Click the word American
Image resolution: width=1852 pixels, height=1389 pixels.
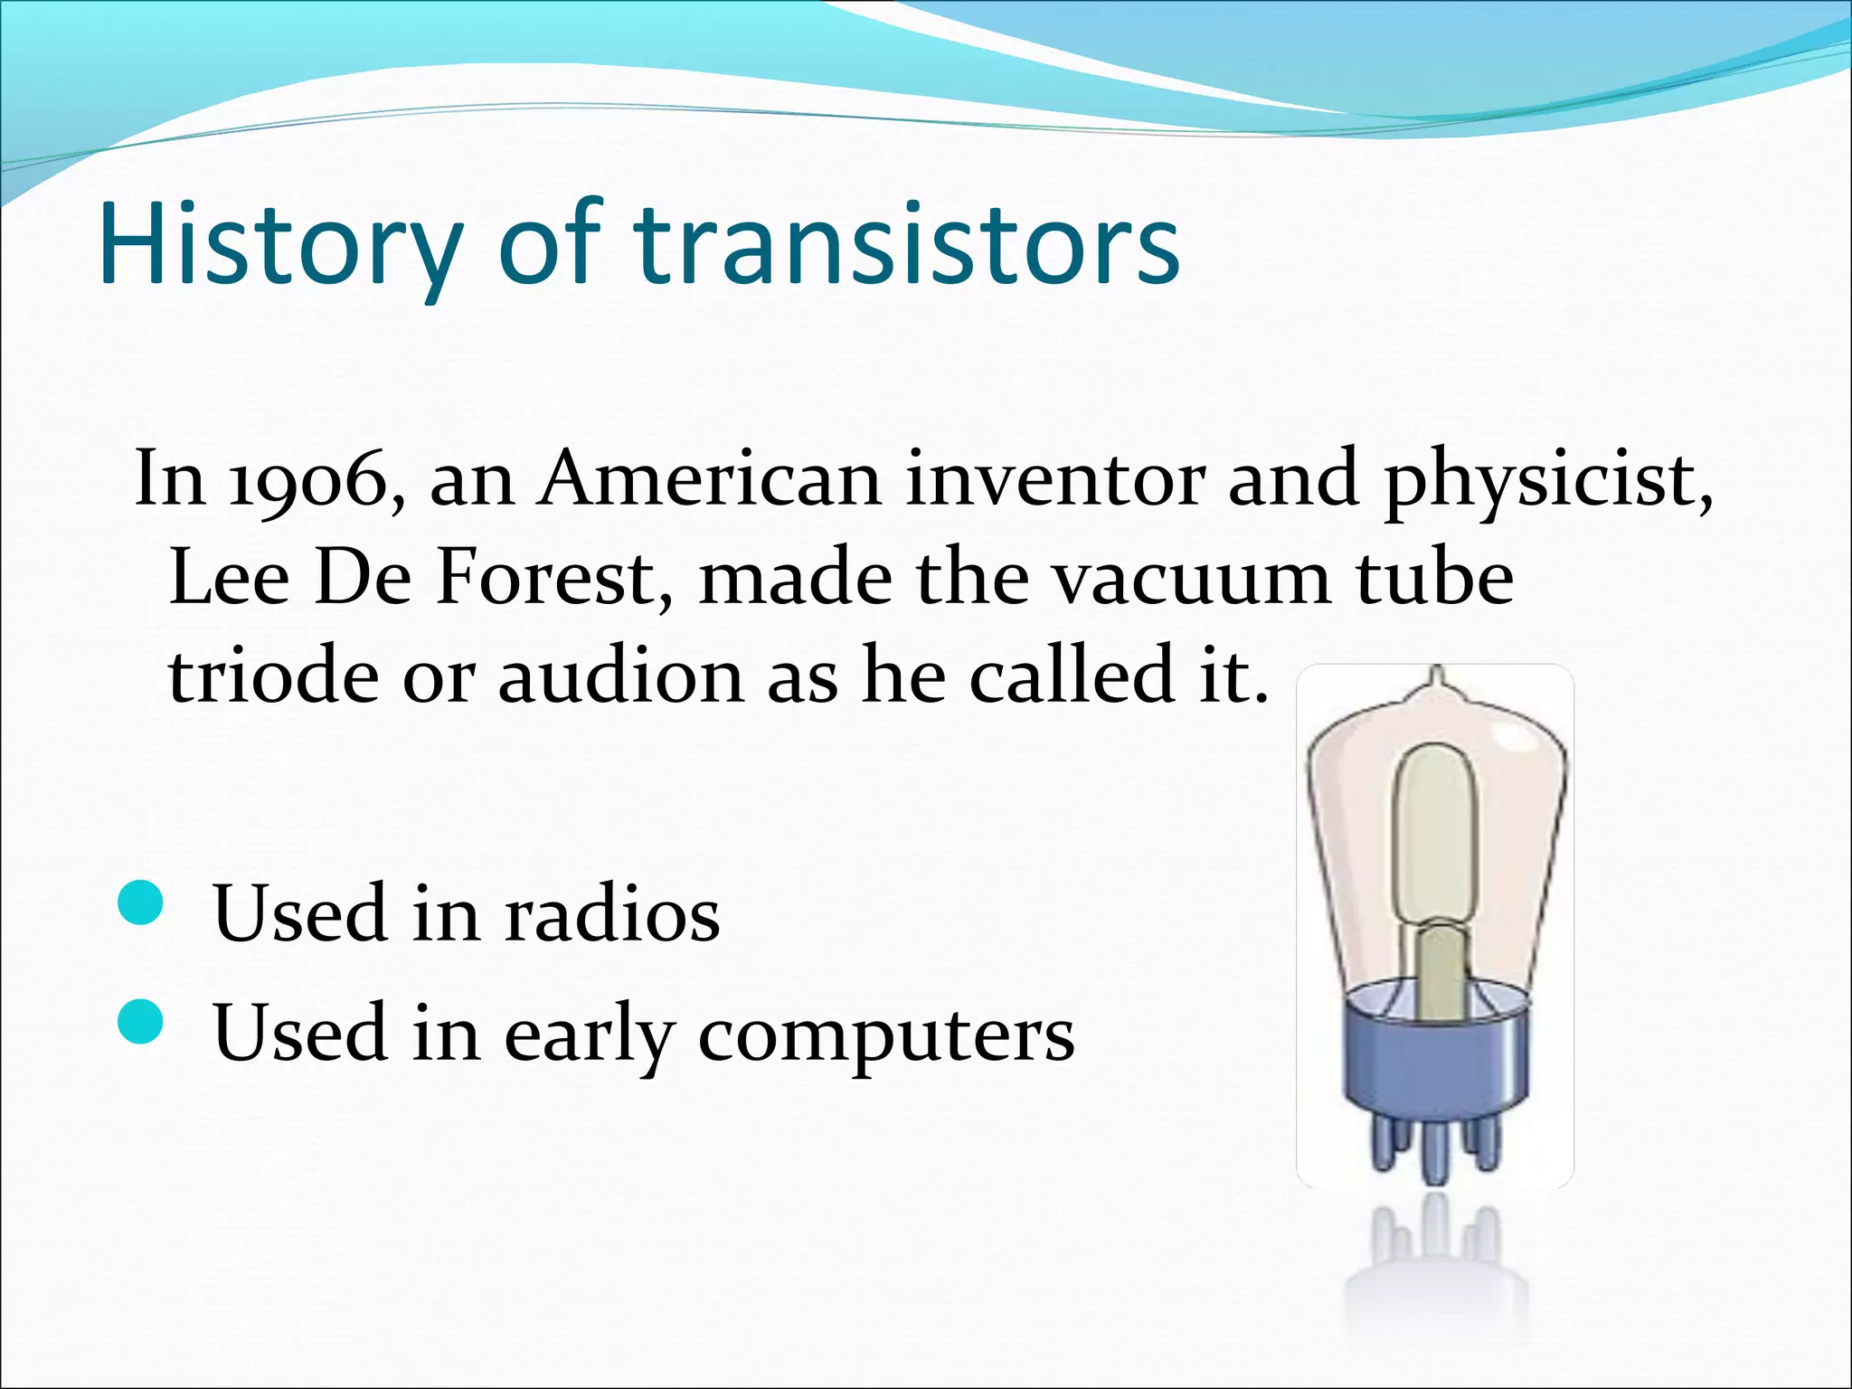coord(709,479)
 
